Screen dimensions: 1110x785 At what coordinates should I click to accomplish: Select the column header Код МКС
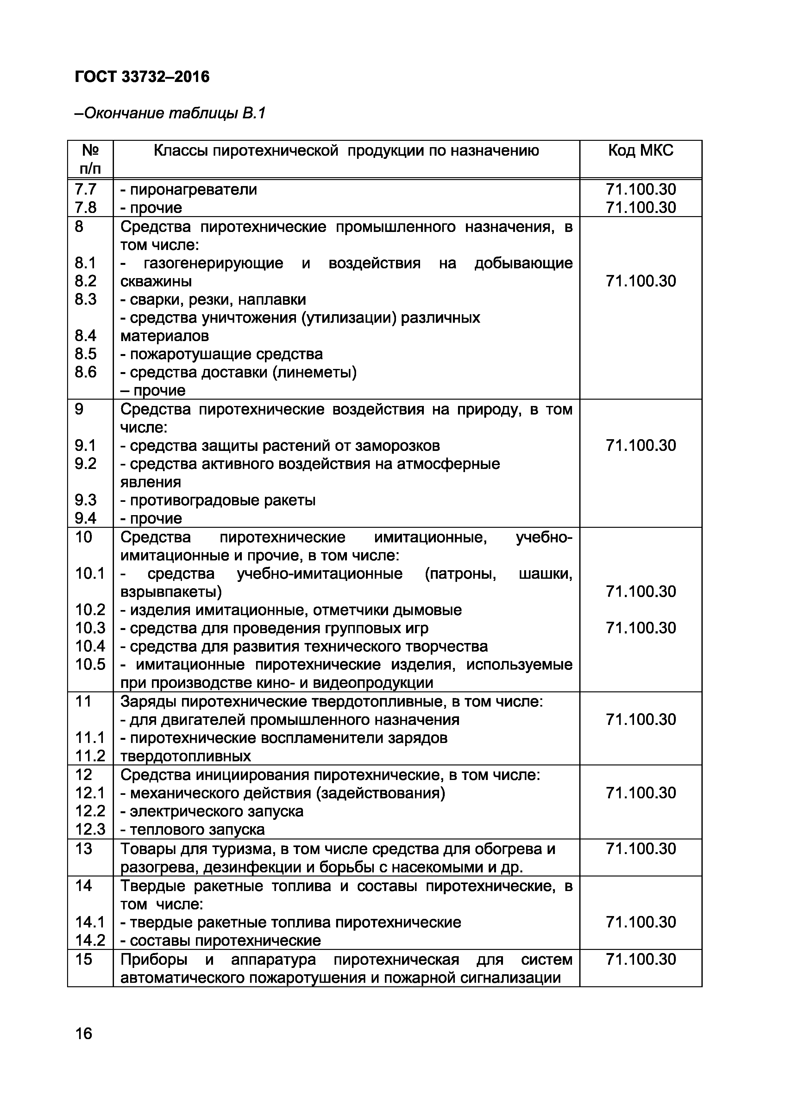[x=640, y=151]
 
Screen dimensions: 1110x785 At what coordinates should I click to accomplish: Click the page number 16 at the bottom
[x=83, y=1034]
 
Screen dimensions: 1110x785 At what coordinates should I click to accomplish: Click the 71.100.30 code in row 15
[x=640, y=959]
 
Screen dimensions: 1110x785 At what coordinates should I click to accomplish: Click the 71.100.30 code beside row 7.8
[x=640, y=207]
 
